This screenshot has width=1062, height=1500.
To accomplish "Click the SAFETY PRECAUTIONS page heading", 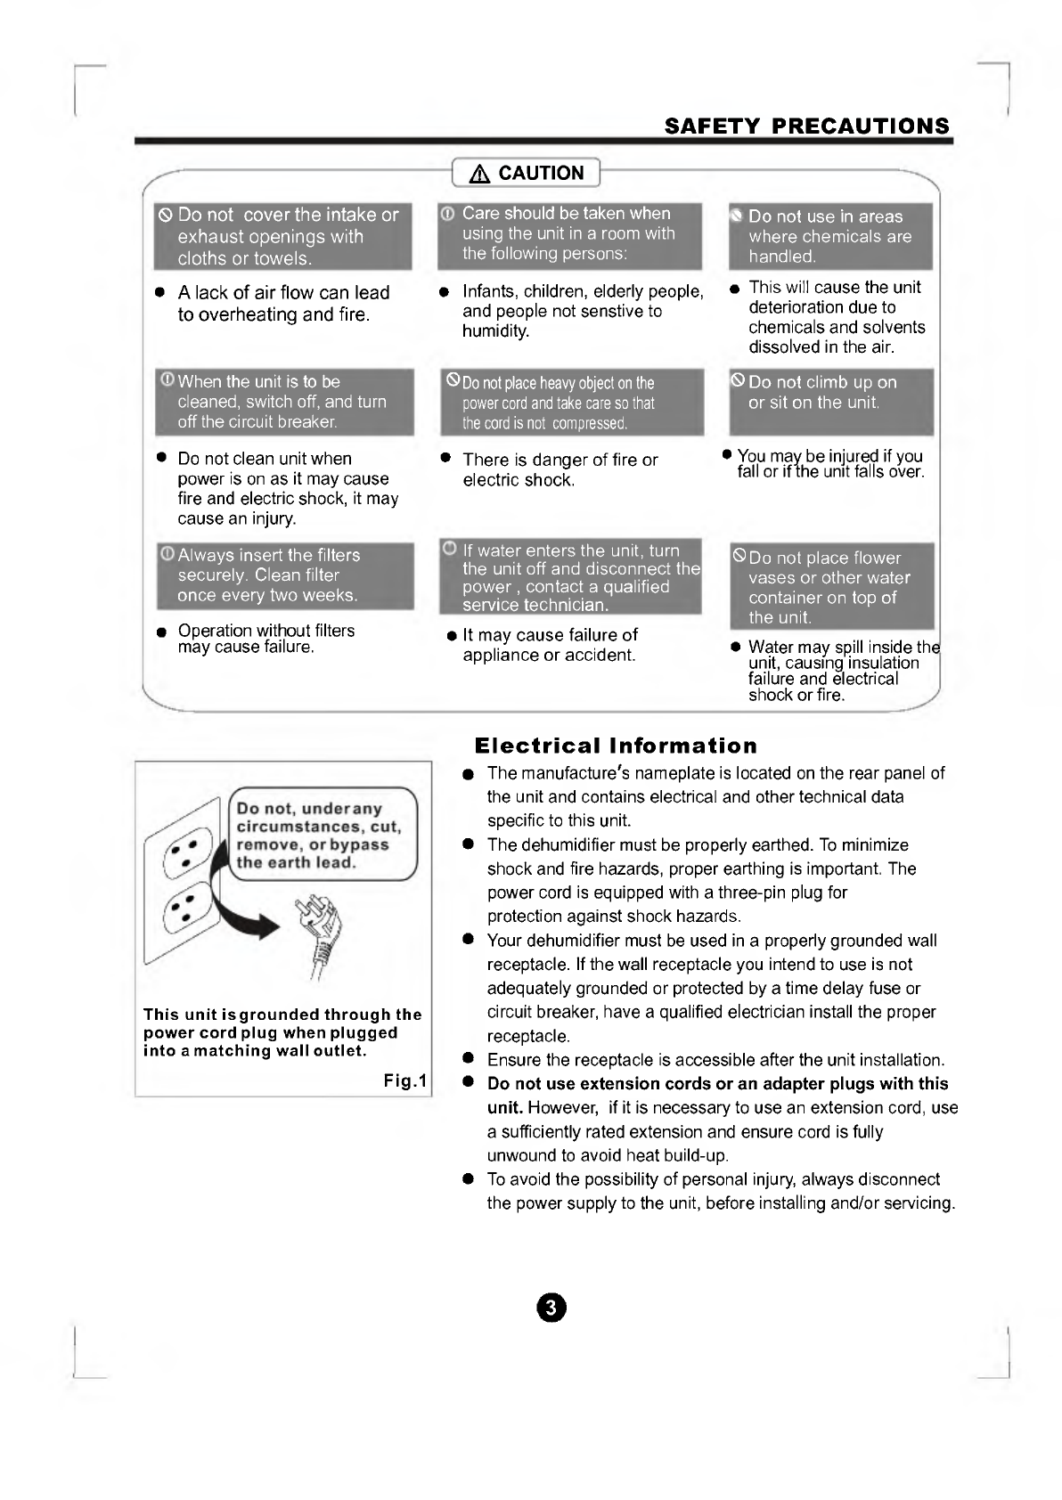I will tap(807, 126).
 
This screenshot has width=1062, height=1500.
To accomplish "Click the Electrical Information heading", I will tap(616, 746).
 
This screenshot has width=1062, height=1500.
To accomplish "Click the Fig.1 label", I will tap(405, 1081).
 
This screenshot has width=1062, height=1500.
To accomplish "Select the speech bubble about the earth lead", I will tap(322, 836).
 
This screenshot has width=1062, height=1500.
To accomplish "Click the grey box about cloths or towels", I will tap(282, 237).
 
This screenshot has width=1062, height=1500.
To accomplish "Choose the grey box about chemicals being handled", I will tap(830, 237).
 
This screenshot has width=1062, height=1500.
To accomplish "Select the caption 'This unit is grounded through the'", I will tap(282, 1015).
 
